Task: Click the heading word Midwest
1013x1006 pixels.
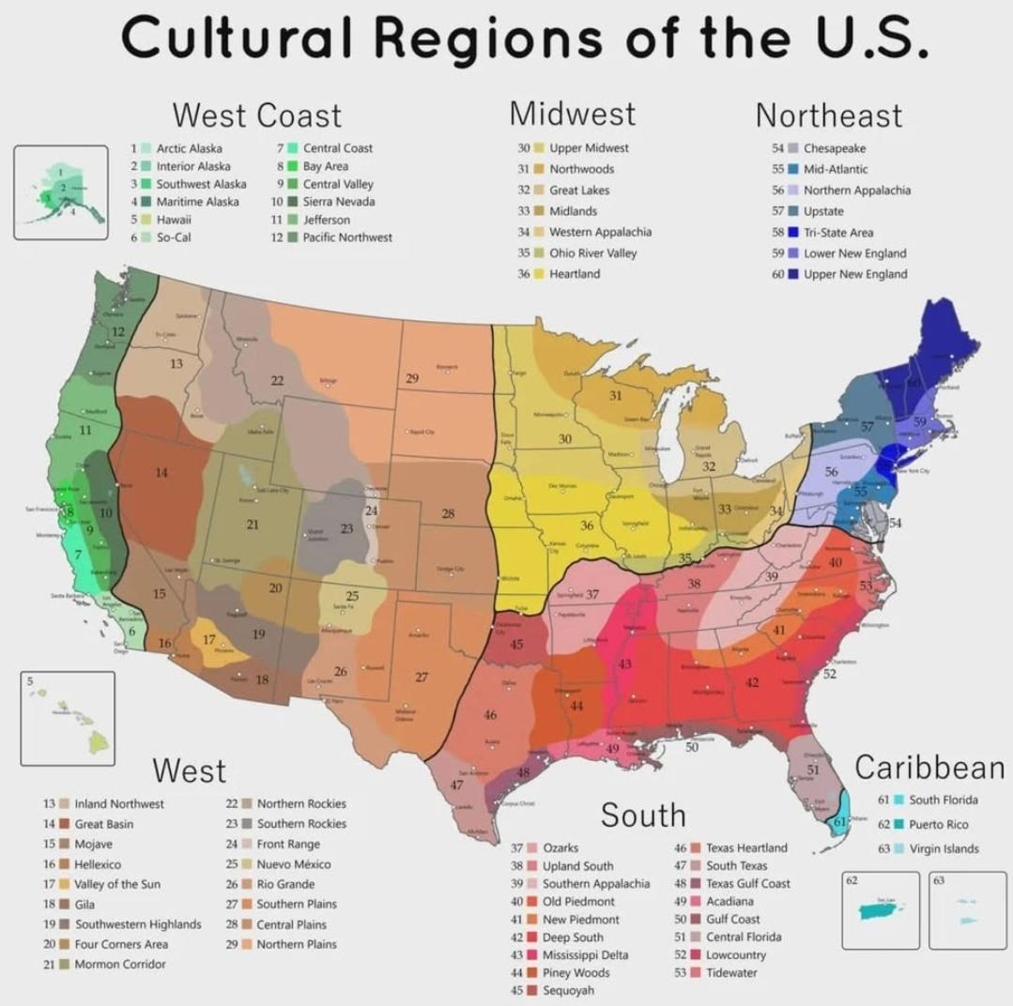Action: tap(573, 114)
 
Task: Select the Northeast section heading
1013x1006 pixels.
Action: tap(828, 115)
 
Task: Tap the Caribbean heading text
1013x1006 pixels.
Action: tap(929, 768)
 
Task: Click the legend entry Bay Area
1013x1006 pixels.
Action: tap(325, 166)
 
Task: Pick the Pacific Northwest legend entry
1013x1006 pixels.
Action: tap(346, 237)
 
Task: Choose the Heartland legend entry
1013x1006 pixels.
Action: tap(574, 274)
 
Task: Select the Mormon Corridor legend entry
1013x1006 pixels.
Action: tap(119, 964)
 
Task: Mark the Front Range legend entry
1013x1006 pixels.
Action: tap(288, 845)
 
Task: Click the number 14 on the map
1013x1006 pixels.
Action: tap(161, 472)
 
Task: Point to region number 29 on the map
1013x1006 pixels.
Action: tap(412, 377)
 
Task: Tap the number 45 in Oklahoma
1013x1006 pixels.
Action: tap(516, 645)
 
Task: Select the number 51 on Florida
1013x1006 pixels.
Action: tap(813, 769)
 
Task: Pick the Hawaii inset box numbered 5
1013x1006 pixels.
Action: tap(67, 718)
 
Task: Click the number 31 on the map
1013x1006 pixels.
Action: tap(615, 396)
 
